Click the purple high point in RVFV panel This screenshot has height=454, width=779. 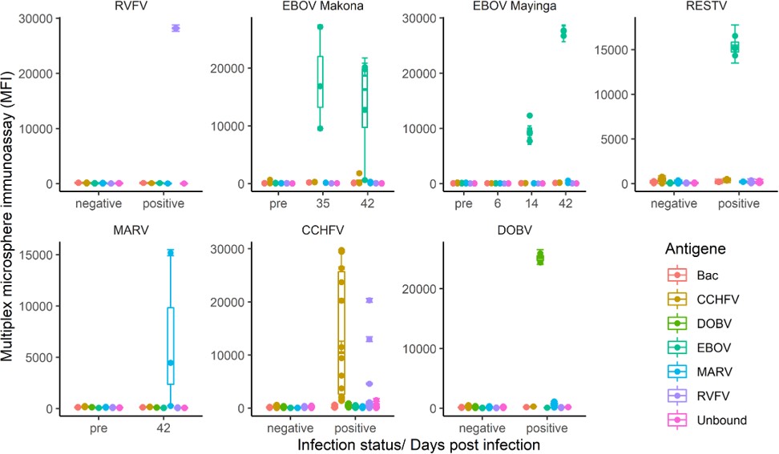pyautogui.click(x=176, y=28)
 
